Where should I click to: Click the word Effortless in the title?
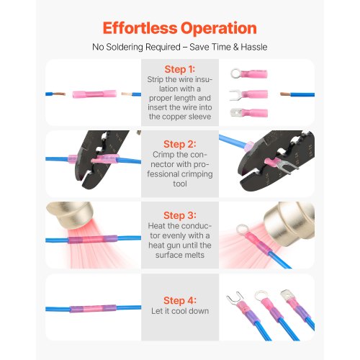pos(140,28)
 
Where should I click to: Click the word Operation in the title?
pos(219,29)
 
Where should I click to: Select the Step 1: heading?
pos(180,69)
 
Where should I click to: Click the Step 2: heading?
pos(180,144)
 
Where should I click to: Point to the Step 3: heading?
pos(180,215)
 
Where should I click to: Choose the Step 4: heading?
pos(180,300)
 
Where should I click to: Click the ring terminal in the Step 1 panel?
pos(249,73)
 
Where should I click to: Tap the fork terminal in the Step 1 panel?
pos(248,94)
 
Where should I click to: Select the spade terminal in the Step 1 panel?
pos(249,112)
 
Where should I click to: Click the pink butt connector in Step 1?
pos(94,94)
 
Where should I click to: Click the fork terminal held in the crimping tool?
pos(282,165)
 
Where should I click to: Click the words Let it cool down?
pos(180,311)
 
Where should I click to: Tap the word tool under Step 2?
pos(180,184)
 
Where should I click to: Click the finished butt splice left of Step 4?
pos(93,308)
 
